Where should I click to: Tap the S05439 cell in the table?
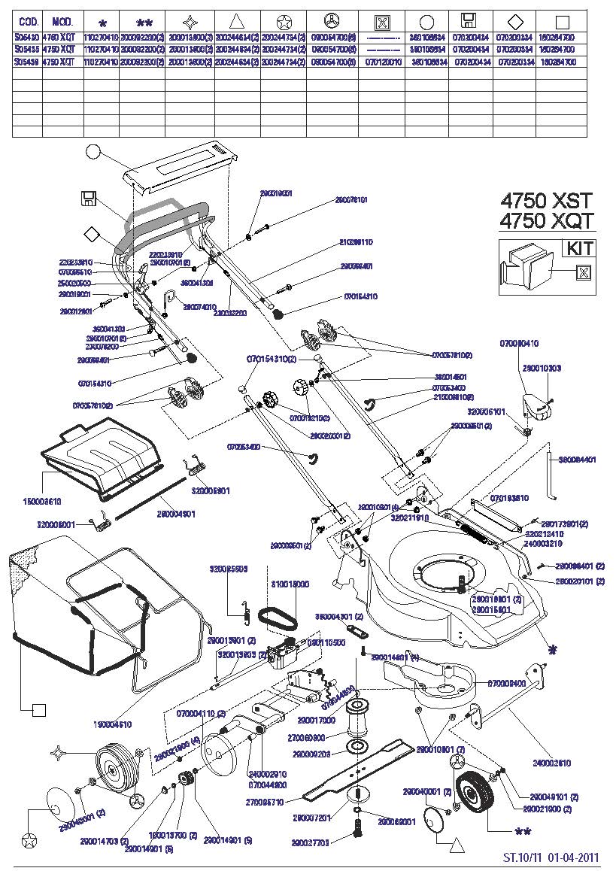pos(27,61)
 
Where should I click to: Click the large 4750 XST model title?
pos(546,201)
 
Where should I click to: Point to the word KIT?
pos(578,248)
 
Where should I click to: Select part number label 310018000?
pos(290,584)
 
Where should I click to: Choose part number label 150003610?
pos(42,500)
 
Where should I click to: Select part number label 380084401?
pos(577,459)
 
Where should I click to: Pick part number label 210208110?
pos(356,242)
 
